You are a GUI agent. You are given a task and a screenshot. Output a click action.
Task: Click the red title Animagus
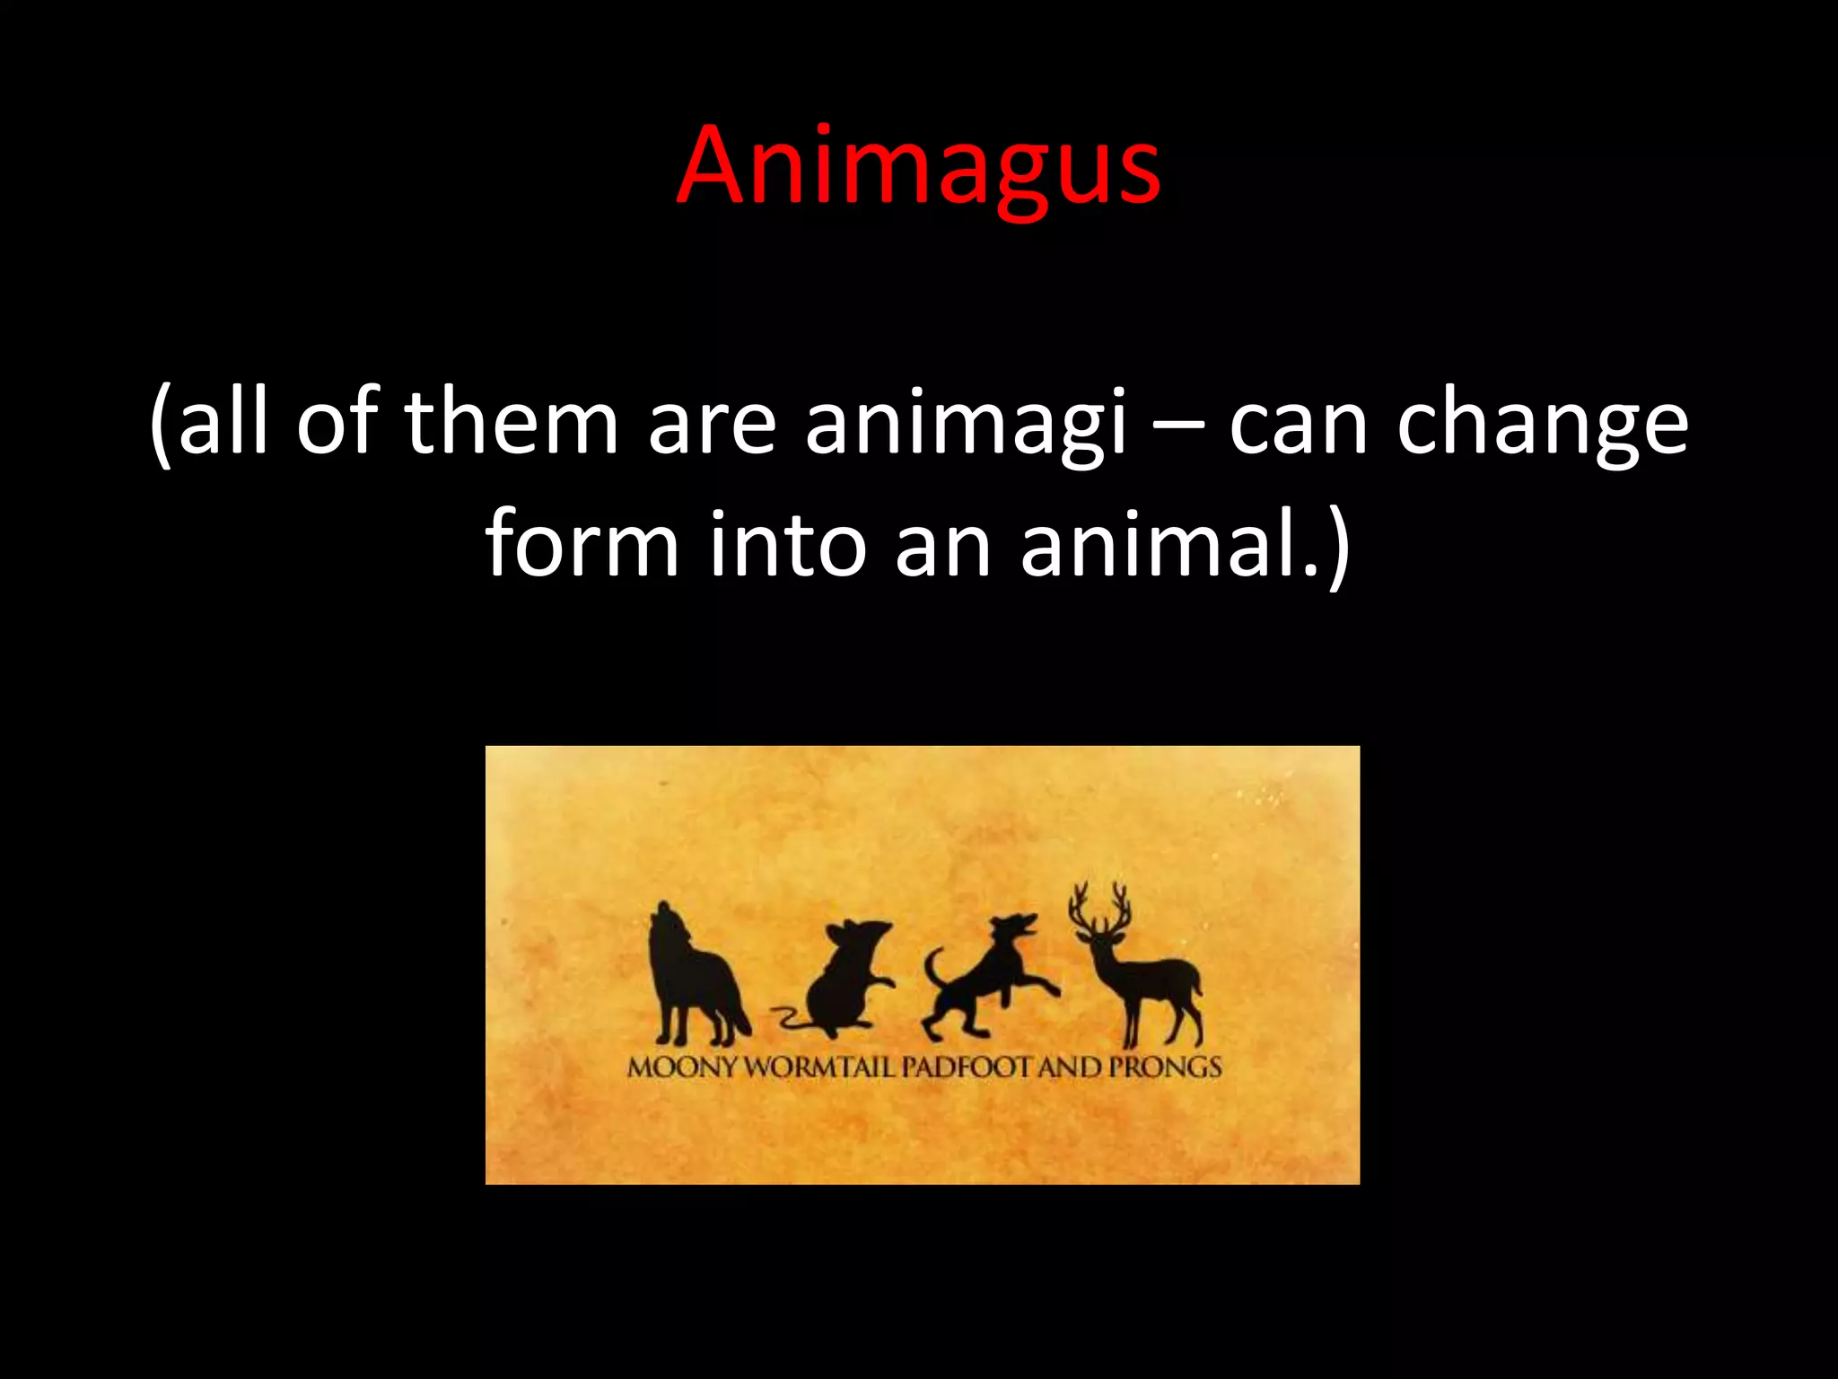(x=918, y=166)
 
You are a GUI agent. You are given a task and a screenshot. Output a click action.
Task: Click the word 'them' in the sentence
(x=512, y=422)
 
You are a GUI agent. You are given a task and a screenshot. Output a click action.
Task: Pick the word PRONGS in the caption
(x=1165, y=1067)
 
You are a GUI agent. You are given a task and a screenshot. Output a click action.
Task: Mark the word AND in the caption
(x=1070, y=1067)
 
